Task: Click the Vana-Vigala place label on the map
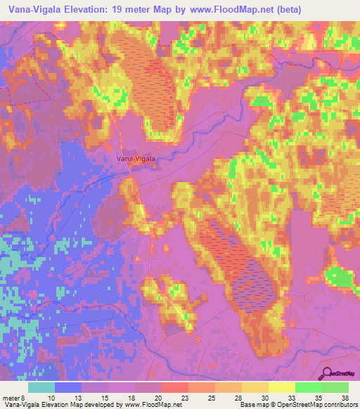[x=136, y=159]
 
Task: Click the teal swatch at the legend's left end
[x=41, y=387]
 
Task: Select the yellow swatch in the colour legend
[x=282, y=387]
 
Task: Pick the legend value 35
[x=319, y=397]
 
